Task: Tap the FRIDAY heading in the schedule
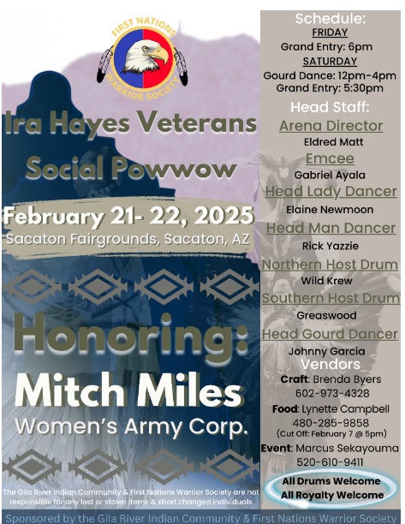pos(330,33)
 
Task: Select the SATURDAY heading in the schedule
pos(330,61)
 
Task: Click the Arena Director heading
pos(331,126)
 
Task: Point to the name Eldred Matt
pos(333,142)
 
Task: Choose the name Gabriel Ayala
pos(330,176)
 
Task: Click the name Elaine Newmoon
pos(330,210)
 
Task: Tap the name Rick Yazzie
pos(331,246)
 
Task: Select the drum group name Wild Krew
pos(326,281)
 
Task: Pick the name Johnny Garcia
pos(326,351)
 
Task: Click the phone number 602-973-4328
pos(332,393)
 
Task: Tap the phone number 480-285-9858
pos(331,423)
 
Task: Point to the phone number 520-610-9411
pos(331,462)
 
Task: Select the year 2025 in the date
pos(223,216)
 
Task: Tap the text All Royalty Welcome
pos(332,495)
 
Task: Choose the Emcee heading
pos(330,158)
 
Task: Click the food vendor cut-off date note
pos(331,434)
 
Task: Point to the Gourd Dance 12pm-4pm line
pos(330,76)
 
